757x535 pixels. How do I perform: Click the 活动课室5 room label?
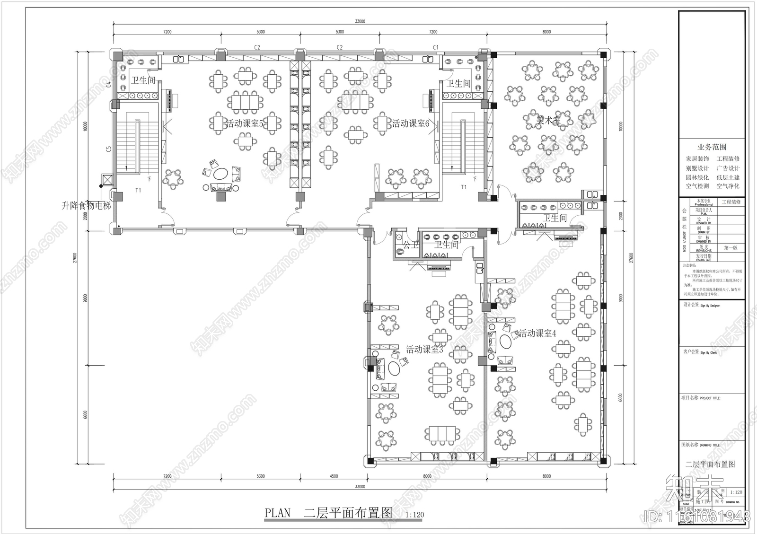(244, 124)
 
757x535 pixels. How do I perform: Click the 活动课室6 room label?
(410, 124)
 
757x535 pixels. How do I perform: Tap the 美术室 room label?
(548, 121)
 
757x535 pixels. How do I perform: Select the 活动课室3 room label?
(424, 350)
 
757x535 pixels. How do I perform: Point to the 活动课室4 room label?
(537, 333)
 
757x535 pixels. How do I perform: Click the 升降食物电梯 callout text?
(86, 206)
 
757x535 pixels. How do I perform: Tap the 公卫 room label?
(411, 245)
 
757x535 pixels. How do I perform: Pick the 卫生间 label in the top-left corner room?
(143, 80)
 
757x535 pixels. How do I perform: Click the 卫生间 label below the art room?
(554, 218)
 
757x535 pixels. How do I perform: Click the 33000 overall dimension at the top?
(360, 21)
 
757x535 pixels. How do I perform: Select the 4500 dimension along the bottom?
(334, 476)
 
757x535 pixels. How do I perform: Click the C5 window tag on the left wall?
(108, 149)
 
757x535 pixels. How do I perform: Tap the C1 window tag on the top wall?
(436, 47)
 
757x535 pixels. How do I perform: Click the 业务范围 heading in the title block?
(712, 147)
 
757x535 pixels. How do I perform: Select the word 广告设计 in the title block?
(728, 168)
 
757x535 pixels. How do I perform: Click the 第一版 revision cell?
(731, 247)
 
